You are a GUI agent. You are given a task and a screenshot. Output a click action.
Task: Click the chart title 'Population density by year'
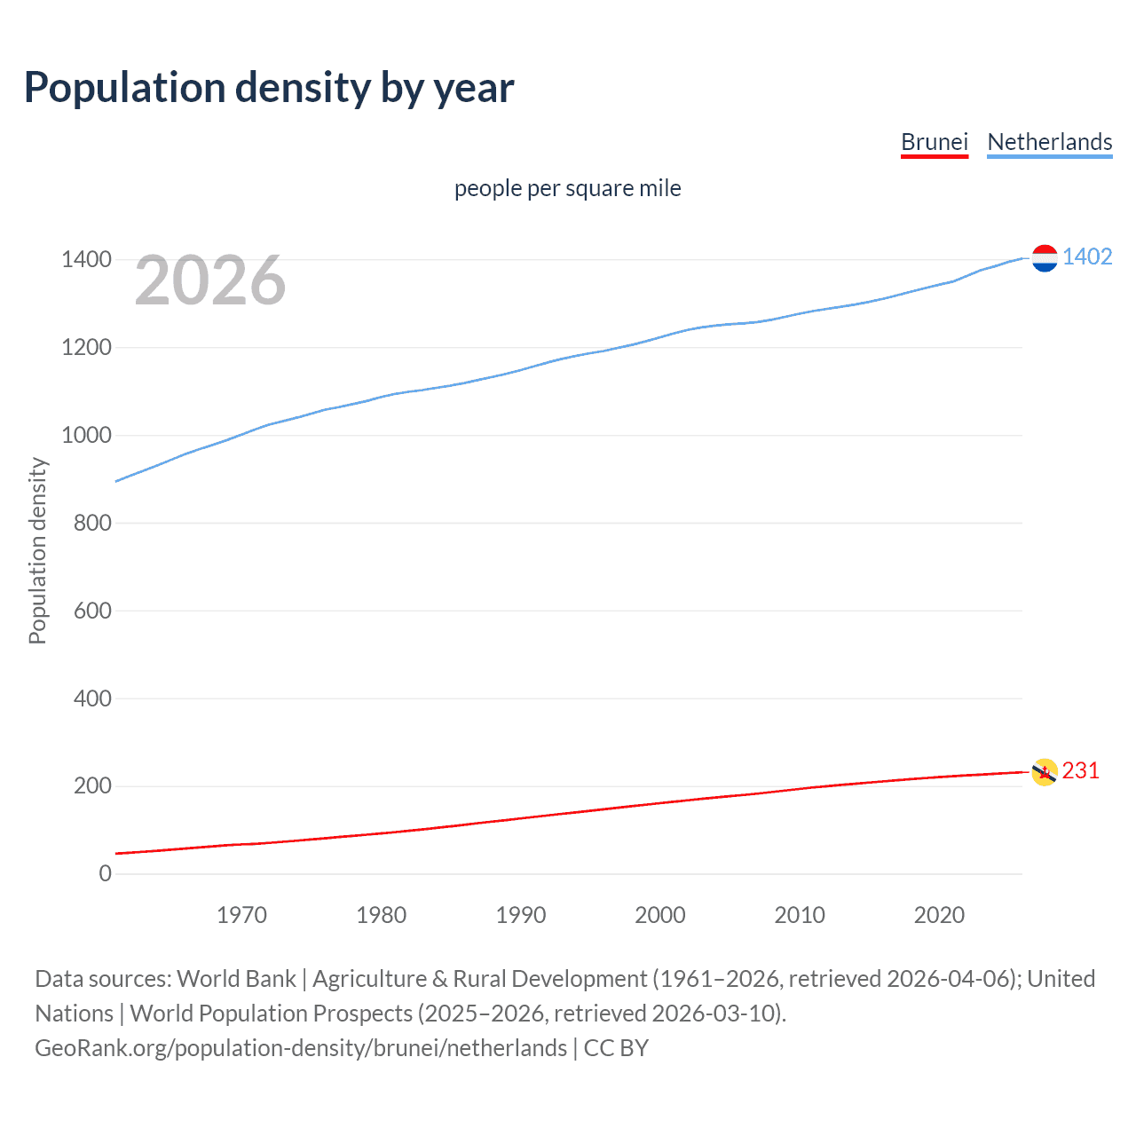(269, 88)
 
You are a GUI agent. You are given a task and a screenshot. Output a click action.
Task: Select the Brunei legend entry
(934, 142)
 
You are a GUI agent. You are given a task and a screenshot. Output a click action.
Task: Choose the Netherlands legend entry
(1049, 142)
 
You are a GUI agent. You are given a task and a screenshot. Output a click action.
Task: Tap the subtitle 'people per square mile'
(567, 188)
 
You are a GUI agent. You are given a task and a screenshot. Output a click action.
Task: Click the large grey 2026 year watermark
(210, 280)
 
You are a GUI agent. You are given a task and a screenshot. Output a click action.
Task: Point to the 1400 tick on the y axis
(86, 260)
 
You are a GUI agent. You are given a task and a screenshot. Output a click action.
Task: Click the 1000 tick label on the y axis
(86, 435)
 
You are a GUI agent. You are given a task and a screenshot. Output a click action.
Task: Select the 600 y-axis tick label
(92, 611)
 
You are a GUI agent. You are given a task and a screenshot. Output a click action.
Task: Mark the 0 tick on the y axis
(106, 874)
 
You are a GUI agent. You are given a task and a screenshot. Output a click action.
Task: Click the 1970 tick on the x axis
(241, 915)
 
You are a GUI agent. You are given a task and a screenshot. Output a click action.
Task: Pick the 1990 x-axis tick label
(521, 915)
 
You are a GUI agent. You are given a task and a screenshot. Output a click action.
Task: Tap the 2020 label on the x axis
(939, 915)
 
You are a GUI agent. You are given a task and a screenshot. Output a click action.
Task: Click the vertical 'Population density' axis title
(37, 550)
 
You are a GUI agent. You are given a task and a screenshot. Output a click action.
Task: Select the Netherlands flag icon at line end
(1045, 258)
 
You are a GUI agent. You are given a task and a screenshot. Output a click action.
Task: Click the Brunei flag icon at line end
(1045, 772)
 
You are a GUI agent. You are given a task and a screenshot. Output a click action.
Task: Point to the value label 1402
(1087, 257)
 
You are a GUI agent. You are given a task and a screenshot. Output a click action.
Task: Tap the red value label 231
(1080, 771)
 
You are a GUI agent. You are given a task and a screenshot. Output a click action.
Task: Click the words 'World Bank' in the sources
(236, 979)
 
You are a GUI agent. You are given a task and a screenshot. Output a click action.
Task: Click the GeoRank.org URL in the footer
(301, 1048)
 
